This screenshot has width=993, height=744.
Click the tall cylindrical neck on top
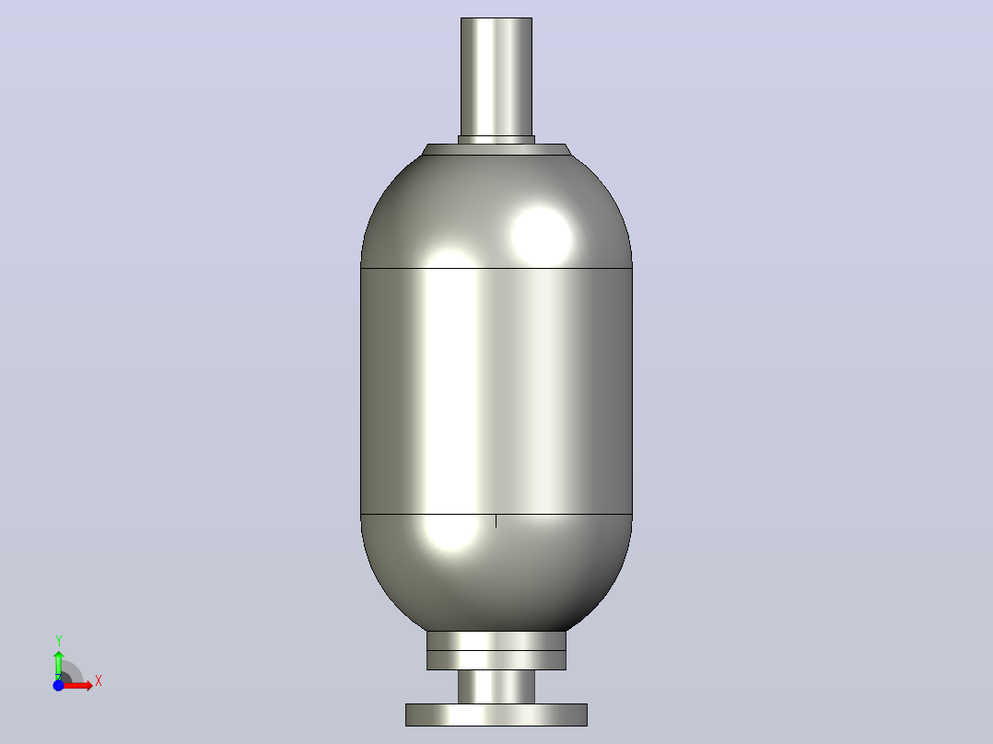pyautogui.click(x=496, y=76)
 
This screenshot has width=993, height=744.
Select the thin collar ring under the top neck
pyautogui.click(x=496, y=140)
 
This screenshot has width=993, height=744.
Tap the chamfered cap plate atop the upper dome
pyautogui.click(x=496, y=149)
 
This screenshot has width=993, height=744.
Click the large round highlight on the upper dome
pyautogui.click(x=541, y=236)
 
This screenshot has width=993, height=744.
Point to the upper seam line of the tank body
pyautogui.click(x=496, y=269)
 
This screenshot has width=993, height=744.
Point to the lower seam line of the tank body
pyautogui.click(x=496, y=514)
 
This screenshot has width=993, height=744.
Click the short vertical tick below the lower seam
pyautogui.click(x=496, y=520)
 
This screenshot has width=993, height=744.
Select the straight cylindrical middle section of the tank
pyautogui.click(x=496, y=391)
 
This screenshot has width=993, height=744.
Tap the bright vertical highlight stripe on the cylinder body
pyautogui.click(x=450, y=391)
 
